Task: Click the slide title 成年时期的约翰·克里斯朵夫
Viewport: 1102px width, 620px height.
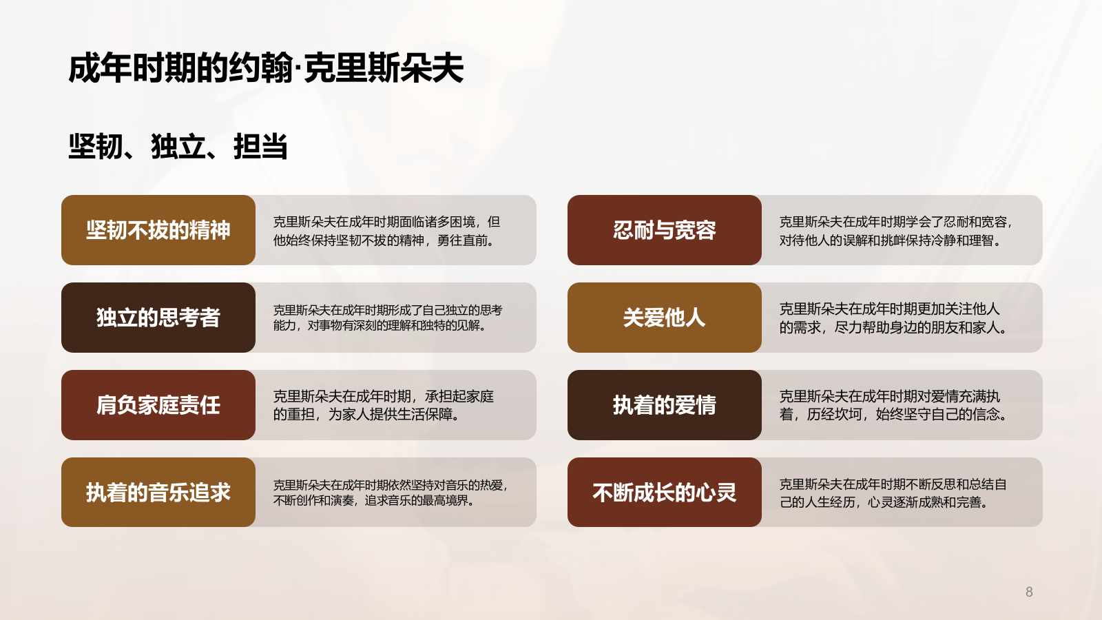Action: tap(266, 68)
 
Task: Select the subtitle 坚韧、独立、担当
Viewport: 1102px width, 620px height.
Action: tap(178, 147)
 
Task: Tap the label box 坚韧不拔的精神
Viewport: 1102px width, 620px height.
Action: tap(158, 230)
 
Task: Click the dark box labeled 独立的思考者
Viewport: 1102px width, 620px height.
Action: tap(158, 318)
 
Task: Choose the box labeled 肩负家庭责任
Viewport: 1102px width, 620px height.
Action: tap(158, 405)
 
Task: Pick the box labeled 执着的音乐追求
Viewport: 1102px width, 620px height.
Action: tap(158, 493)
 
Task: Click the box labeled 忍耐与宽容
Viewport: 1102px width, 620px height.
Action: tap(665, 230)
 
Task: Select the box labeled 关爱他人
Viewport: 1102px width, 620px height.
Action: tap(665, 318)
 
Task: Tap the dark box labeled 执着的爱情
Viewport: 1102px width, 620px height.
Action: tap(665, 405)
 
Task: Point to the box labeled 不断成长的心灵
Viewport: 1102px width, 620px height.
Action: tap(665, 493)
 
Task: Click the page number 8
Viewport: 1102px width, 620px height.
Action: tap(1029, 592)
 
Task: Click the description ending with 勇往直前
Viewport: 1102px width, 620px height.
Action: tap(386, 231)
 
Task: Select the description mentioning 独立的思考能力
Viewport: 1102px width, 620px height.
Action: tap(388, 318)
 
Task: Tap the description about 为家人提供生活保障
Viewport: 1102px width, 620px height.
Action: tap(384, 405)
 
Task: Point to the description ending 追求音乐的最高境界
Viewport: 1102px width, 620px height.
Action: tap(391, 493)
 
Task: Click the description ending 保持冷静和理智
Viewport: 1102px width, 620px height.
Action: tap(895, 231)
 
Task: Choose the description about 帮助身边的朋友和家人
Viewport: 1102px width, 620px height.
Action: tap(893, 318)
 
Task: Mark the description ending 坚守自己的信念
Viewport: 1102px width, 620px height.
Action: tap(893, 405)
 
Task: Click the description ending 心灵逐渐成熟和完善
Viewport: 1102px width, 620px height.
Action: tap(893, 493)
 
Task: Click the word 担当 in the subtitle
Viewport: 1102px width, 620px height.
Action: tap(260, 147)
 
